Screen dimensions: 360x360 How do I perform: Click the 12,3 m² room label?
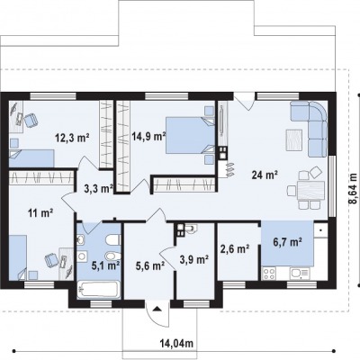(72, 138)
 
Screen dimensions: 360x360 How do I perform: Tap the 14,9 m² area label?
(149, 137)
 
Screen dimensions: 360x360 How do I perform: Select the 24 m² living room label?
(265, 175)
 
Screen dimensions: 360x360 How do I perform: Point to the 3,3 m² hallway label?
(98, 189)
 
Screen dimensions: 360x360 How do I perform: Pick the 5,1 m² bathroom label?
(106, 265)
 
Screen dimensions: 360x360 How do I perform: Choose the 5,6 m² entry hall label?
(150, 265)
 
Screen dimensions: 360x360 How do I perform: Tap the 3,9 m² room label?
(194, 259)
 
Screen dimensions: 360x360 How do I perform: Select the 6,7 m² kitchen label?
(287, 241)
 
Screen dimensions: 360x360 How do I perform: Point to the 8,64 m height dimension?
(353, 189)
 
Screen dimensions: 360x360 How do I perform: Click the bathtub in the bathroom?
(99, 290)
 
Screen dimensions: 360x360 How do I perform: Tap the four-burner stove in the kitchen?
(269, 274)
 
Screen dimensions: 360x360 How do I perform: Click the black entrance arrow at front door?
(157, 309)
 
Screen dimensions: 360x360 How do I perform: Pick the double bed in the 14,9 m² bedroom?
(190, 135)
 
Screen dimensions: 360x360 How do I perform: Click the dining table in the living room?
(310, 191)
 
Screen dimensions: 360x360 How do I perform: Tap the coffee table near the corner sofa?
(294, 139)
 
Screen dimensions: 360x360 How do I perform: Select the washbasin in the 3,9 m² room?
(190, 229)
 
